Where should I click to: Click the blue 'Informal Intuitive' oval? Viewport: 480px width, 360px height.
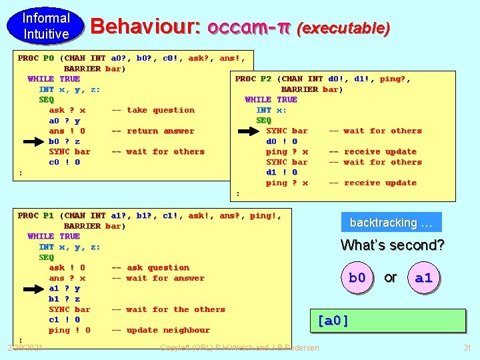[46, 25]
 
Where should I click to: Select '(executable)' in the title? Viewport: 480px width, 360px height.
[343, 28]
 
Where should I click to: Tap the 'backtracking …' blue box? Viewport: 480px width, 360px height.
[391, 222]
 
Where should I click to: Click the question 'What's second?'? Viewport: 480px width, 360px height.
[392, 245]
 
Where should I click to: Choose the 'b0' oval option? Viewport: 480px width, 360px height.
[357, 277]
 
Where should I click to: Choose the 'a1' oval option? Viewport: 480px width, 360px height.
[423, 277]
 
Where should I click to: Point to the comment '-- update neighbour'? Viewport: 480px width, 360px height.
[160, 330]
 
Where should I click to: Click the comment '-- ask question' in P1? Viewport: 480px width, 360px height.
[150, 267]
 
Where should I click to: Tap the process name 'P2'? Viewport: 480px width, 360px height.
[265, 79]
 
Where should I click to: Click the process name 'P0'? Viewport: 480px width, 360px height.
[48, 58]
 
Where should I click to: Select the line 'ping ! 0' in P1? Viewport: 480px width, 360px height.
[69, 330]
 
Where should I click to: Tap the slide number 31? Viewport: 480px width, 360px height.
[467, 347]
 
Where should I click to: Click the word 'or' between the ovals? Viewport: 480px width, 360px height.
[391, 277]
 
